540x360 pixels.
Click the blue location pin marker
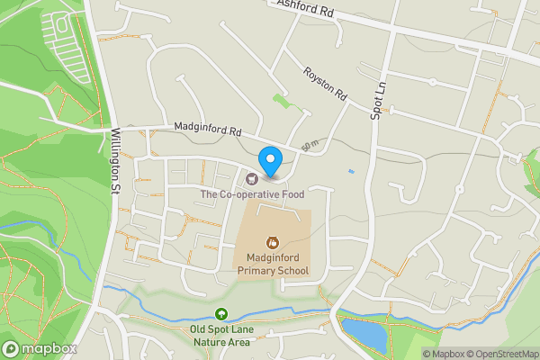click(271, 161)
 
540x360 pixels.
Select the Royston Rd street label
click(325, 83)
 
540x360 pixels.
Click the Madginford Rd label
click(208, 130)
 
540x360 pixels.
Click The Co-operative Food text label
click(252, 193)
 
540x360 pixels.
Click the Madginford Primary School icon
click(271, 242)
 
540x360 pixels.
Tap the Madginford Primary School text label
click(272, 264)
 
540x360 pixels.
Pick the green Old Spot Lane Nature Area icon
click(221, 314)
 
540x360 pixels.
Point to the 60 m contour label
click(310, 144)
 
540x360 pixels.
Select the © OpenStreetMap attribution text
click(500, 354)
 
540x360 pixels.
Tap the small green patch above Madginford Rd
click(283, 101)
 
